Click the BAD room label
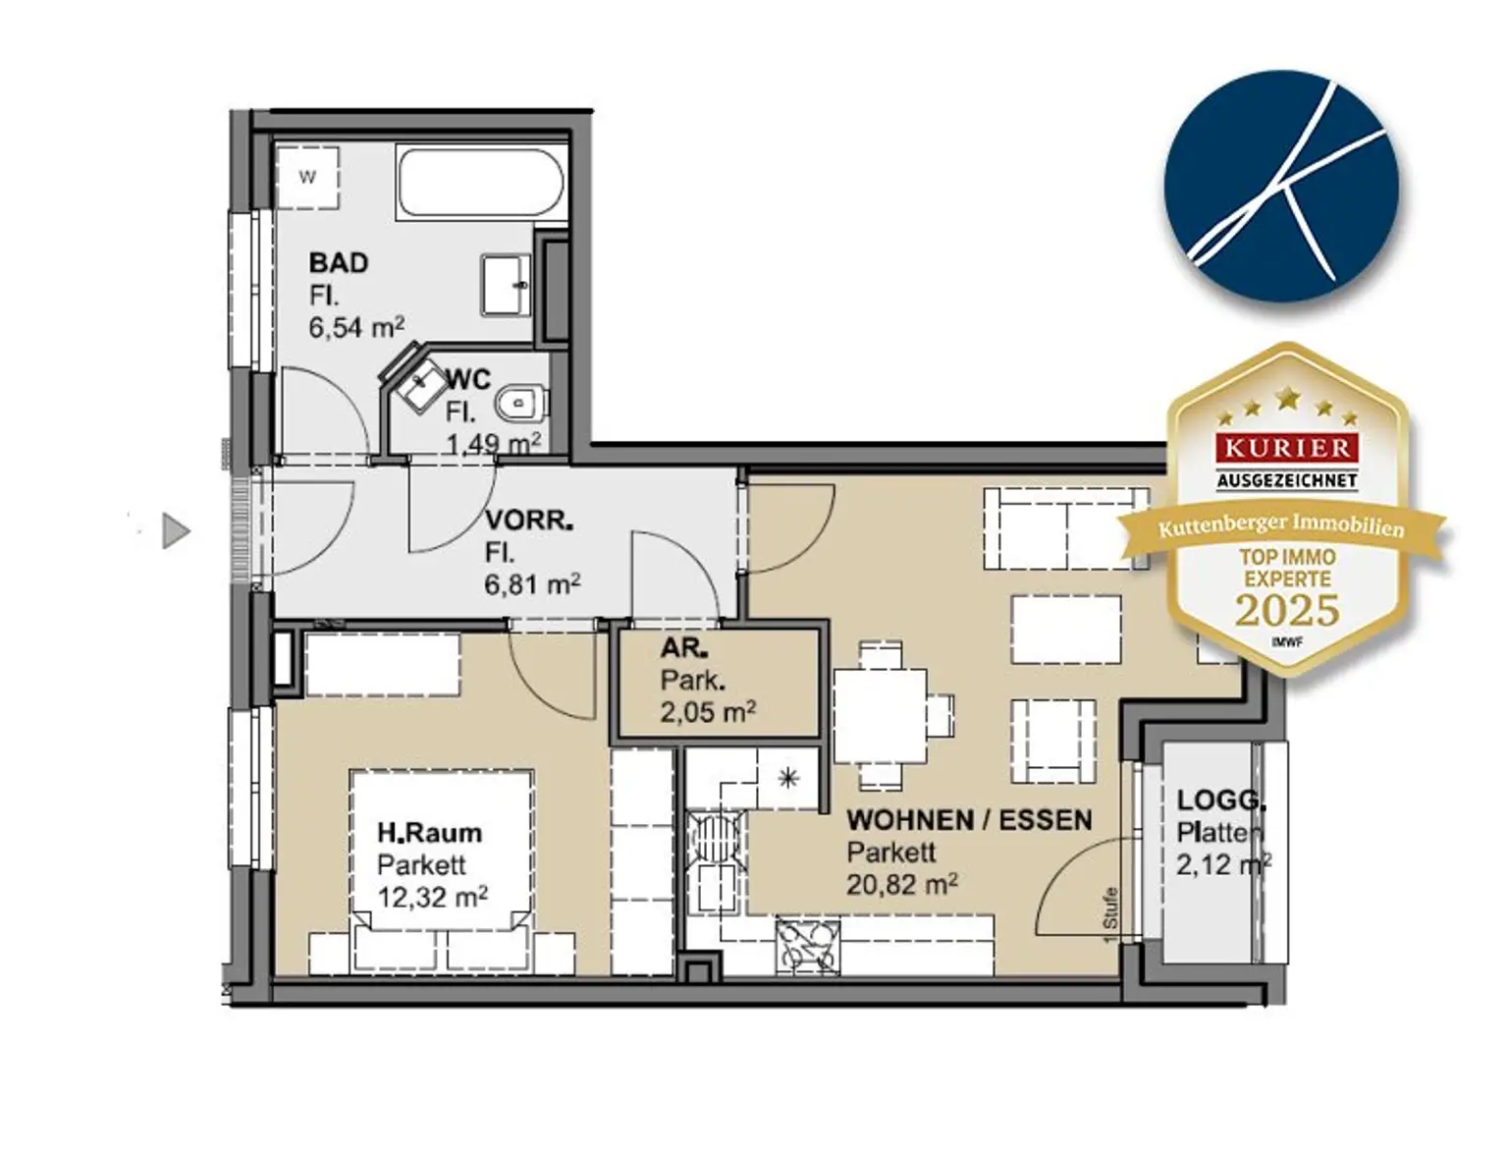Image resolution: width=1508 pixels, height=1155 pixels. (x=338, y=263)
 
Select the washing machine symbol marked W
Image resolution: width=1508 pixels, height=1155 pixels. (x=307, y=177)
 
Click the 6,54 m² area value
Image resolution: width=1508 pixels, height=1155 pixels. (x=356, y=327)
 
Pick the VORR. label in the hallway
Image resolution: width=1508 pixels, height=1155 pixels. (x=529, y=520)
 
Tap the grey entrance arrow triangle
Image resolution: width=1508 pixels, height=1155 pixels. (x=176, y=531)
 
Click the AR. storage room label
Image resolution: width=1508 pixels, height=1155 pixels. (x=684, y=648)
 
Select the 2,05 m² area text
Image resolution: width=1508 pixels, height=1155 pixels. (x=708, y=712)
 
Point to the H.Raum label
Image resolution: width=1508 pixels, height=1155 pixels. (x=430, y=832)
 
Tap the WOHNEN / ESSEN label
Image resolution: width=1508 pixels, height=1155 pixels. (x=969, y=820)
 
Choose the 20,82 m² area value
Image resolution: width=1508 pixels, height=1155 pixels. (x=902, y=884)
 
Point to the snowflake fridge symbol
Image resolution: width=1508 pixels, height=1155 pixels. (x=787, y=778)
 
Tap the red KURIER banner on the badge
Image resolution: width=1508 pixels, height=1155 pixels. (x=1288, y=449)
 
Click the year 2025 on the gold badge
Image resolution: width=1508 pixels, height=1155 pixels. (x=1287, y=611)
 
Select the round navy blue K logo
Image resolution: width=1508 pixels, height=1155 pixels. (x=1281, y=186)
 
